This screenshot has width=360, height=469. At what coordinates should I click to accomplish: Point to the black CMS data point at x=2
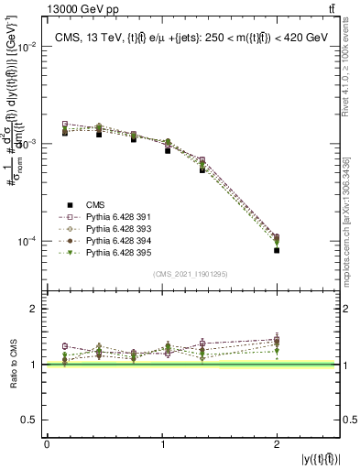click(277, 250)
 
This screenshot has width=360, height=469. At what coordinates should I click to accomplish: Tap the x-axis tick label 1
click(162, 444)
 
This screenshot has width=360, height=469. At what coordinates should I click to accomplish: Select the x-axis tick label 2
click(277, 444)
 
